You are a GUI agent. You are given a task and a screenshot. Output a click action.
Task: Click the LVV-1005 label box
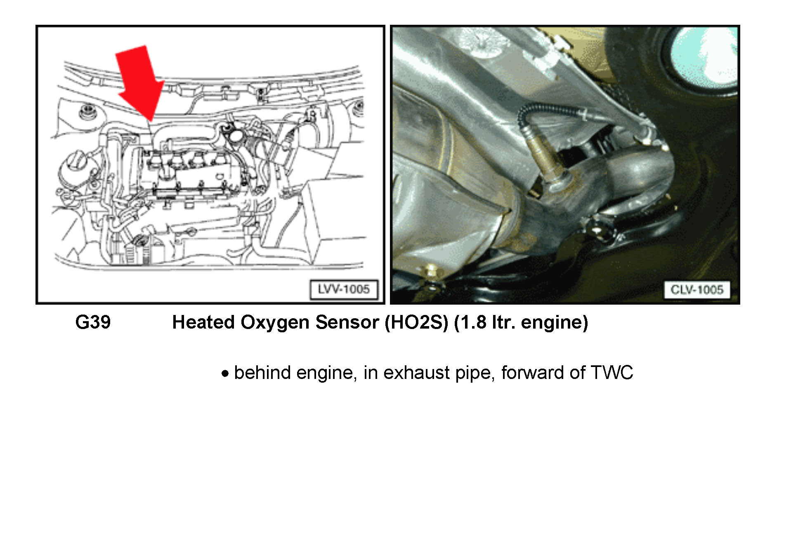pyautogui.click(x=344, y=289)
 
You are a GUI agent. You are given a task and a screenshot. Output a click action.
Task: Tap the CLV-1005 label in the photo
pyautogui.click(x=697, y=289)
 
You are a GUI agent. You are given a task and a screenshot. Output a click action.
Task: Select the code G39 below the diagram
pyautogui.click(x=93, y=322)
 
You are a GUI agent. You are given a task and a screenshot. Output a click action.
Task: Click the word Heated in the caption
pyautogui.click(x=203, y=322)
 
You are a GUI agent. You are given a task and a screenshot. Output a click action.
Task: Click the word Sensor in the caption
pyautogui.click(x=347, y=322)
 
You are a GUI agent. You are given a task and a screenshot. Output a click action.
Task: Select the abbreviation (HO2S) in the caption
pyautogui.click(x=416, y=322)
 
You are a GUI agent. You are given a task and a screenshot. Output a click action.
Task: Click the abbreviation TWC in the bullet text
pyautogui.click(x=612, y=372)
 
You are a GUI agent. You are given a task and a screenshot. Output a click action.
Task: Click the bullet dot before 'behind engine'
pyautogui.click(x=225, y=374)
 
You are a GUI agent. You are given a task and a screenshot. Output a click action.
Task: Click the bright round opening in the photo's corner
pyautogui.click(x=704, y=58)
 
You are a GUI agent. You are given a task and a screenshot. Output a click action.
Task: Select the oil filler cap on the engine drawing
pyautogui.click(x=236, y=135)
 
